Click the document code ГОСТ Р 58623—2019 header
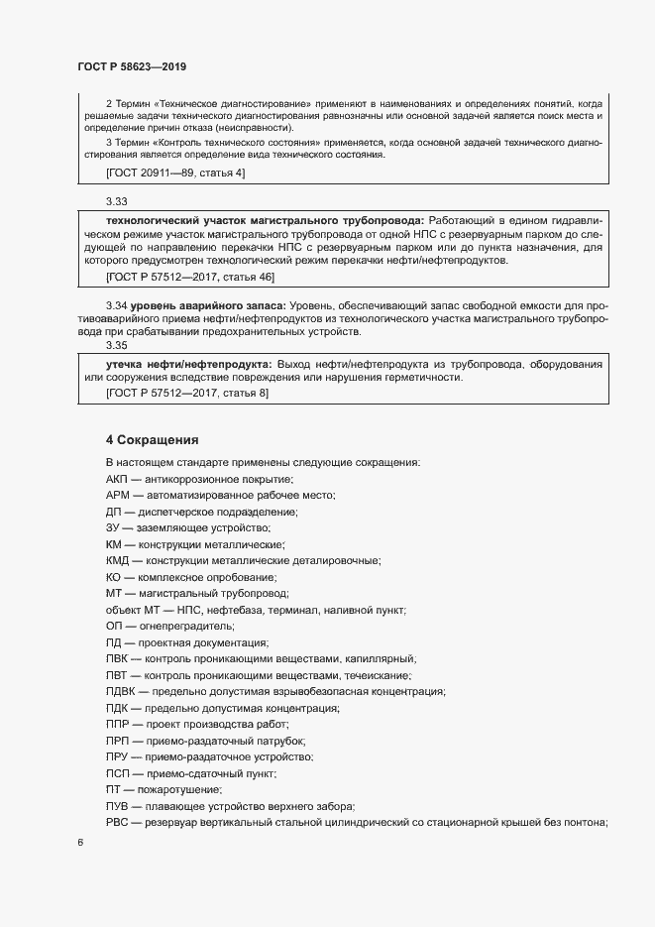point(132,66)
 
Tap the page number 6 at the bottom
point(79,843)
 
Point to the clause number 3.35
point(116,346)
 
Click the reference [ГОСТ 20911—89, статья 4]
point(174,174)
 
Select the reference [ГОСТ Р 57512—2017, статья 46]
point(189,276)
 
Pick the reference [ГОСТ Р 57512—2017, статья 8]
point(186,394)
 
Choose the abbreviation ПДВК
point(121,691)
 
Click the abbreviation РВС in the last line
point(117,822)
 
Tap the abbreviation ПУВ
point(117,805)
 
